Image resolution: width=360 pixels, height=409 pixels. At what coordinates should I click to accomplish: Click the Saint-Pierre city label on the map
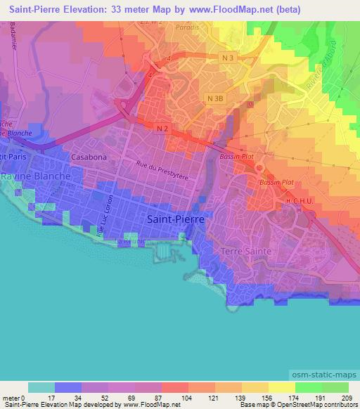(176, 219)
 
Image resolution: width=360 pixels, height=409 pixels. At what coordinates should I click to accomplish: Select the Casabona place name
(88, 157)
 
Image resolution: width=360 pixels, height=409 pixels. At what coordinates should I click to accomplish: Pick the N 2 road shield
(162, 127)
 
